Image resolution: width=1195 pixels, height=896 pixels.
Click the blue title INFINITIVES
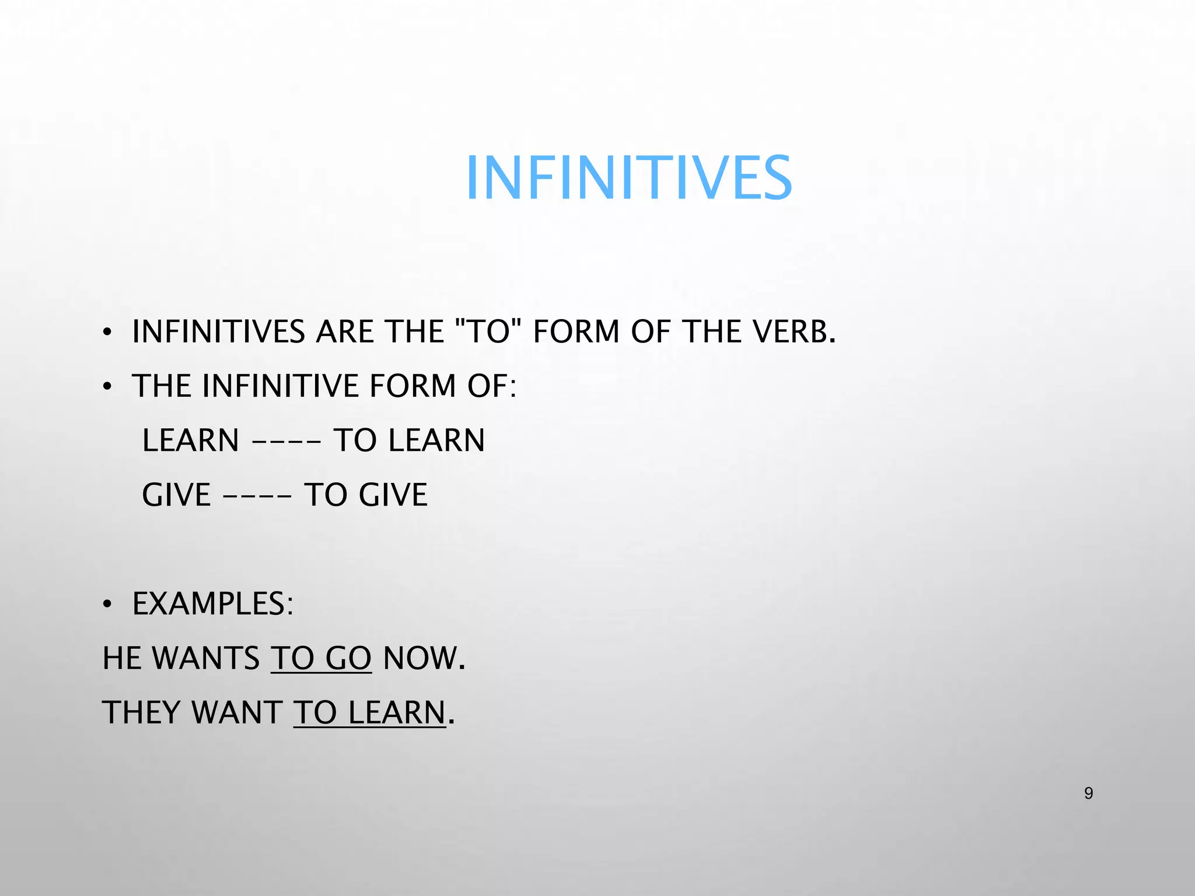(628, 178)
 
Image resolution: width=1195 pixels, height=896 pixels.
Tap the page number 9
(1088, 793)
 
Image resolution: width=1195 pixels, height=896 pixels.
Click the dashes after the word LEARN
(286, 442)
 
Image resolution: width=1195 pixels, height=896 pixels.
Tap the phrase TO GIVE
(366, 495)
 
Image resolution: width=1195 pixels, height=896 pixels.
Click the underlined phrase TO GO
(321, 659)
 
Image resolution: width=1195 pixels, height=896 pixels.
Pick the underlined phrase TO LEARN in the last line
(369, 713)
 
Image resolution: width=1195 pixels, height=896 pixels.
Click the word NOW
(420, 659)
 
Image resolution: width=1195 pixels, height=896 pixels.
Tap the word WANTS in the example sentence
(205, 659)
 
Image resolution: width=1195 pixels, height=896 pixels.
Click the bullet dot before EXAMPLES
(107, 606)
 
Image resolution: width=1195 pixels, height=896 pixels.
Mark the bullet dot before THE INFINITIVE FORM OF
(107, 387)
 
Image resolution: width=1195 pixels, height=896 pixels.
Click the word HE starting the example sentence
(121, 659)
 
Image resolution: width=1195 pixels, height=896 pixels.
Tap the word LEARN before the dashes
(191, 440)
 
